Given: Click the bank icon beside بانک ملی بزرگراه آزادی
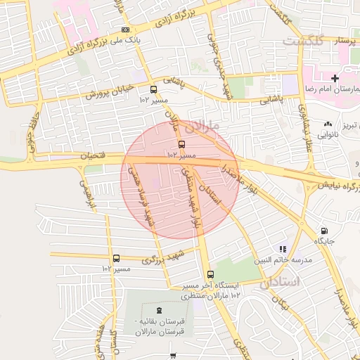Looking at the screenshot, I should tap(125, 30).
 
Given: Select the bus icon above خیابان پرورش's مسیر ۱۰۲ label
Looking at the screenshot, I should tap(154, 89).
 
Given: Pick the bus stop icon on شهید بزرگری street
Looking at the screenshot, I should tap(116, 258).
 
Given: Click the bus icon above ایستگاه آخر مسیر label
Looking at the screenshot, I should tap(210, 274).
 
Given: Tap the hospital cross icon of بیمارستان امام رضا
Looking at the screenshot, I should tap(335, 78).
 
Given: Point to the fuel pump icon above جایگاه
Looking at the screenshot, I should tap(324, 230).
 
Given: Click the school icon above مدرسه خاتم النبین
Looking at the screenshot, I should tap(283, 248).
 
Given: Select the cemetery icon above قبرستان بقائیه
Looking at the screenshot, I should tap(158, 310).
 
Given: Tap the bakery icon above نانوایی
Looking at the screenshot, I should tap(328, 124).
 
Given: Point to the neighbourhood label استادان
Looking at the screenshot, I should tap(280, 282).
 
